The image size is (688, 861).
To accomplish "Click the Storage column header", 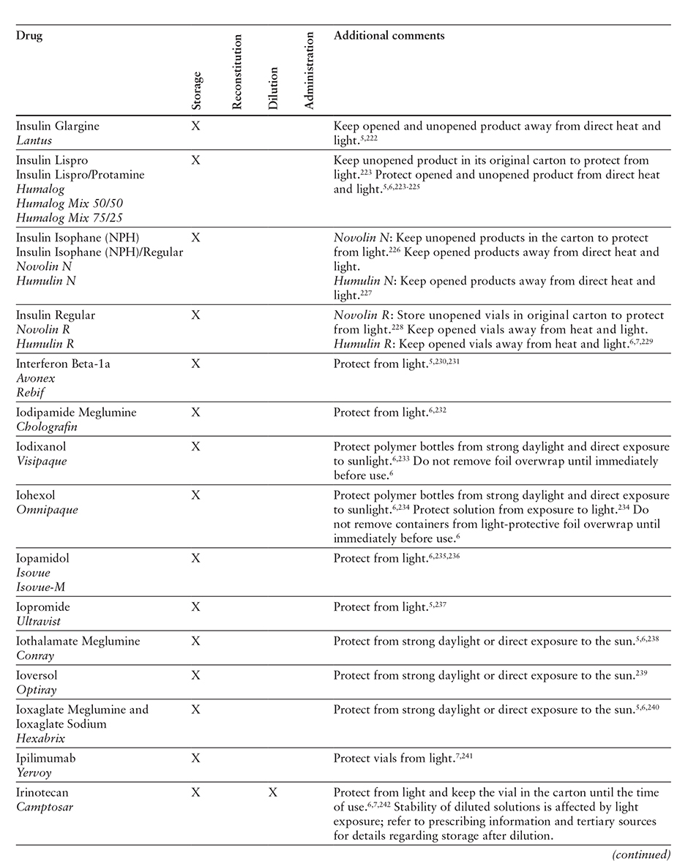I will [x=196, y=91].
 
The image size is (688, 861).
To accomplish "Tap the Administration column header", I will [x=308, y=71].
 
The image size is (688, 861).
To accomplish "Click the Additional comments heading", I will [x=389, y=36].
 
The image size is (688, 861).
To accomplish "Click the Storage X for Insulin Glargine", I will [x=195, y=126].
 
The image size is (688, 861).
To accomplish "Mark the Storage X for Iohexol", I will [x=195, y=495].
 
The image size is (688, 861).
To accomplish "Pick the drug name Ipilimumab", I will [x=46, y=759].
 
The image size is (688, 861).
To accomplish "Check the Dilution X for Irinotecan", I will [x=272, y=793].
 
